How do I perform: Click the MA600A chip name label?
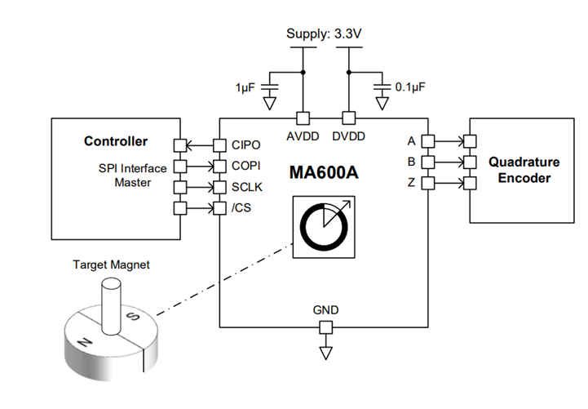[325, 173]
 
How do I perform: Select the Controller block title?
[116, 141]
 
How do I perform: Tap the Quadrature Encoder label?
[519, 170]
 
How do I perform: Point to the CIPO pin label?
[245, 145]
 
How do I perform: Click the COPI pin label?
[245, 166]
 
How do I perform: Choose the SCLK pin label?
[246, 187]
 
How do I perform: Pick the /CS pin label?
[241, 208]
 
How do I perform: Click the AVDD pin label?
[302, 134]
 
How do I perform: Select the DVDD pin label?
[348, 134]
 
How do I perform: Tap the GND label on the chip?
[325, 310]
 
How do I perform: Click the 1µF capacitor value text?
[247, 85]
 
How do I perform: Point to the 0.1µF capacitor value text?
[410, 85]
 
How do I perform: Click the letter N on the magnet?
[86, 342]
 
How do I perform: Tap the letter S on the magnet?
[135, 317]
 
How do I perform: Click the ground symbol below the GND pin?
[325, 353]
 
